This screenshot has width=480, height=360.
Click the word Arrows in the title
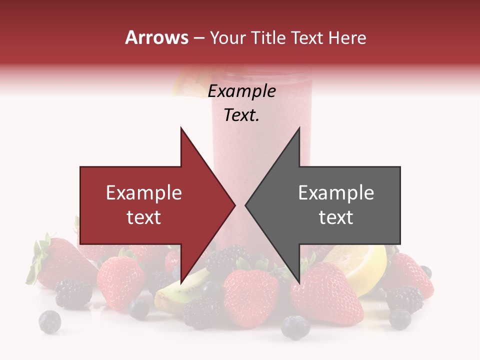(156, 37)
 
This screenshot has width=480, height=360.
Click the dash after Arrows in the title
(199, 38)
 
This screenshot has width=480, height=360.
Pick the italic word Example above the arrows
(242, 91)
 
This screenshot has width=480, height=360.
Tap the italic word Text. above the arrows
(242, 115)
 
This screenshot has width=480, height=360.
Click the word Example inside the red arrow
(144, 193)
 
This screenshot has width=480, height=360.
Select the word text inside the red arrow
(144, 217)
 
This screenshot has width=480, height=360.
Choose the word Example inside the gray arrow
(336, 193)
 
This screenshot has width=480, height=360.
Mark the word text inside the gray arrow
(336, 217)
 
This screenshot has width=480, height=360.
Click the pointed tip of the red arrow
(234, 205)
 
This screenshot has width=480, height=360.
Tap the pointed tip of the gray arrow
(246, 205)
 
